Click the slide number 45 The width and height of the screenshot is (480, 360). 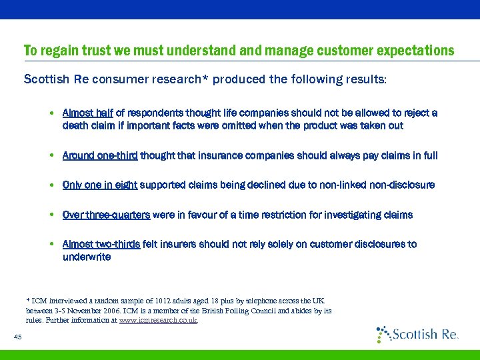click(x=18, y=337)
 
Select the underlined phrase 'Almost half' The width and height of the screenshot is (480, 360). click(x=88, y=113)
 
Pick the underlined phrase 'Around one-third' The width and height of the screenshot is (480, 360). click(x=100, y=155)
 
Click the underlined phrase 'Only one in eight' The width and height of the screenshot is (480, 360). click(x=100, y=185)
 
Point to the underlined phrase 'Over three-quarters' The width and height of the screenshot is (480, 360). click(x=107, y=215)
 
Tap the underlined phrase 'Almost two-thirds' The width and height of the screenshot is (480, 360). click(x=101, y=244)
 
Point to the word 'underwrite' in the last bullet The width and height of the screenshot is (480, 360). click(x=87, y=257)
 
